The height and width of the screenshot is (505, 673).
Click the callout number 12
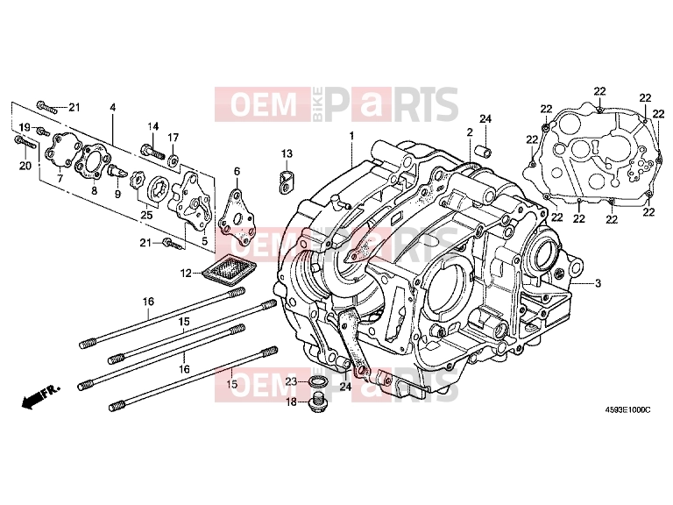pyautogui.click(x=186, y=273)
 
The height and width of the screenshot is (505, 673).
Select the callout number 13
pyautogui.click(x=287, y=153)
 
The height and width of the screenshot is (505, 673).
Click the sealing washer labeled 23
pyautogui.click(x=317, y=381)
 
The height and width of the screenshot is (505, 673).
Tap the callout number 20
pyautogui.click(x=25, y=166)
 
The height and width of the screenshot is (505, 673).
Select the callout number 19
pyautogui.click(x=25, y=127)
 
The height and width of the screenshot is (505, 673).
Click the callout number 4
pyautogui.click(x=112, y=107)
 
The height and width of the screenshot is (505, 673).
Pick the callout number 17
pyautogui.click(x=173, y=138)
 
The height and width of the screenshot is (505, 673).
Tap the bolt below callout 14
pyautogui.click(x=152, y=151)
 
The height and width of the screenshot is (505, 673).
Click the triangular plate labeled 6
pyautogui.click(x=237, y=217)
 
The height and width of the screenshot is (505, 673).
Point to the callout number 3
pyautogui.click(x=598, y=283)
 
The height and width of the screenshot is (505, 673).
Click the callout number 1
pyautogui.click(x=351, y=136)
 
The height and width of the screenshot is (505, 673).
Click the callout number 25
pyautogui.click(x=146, y=214)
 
